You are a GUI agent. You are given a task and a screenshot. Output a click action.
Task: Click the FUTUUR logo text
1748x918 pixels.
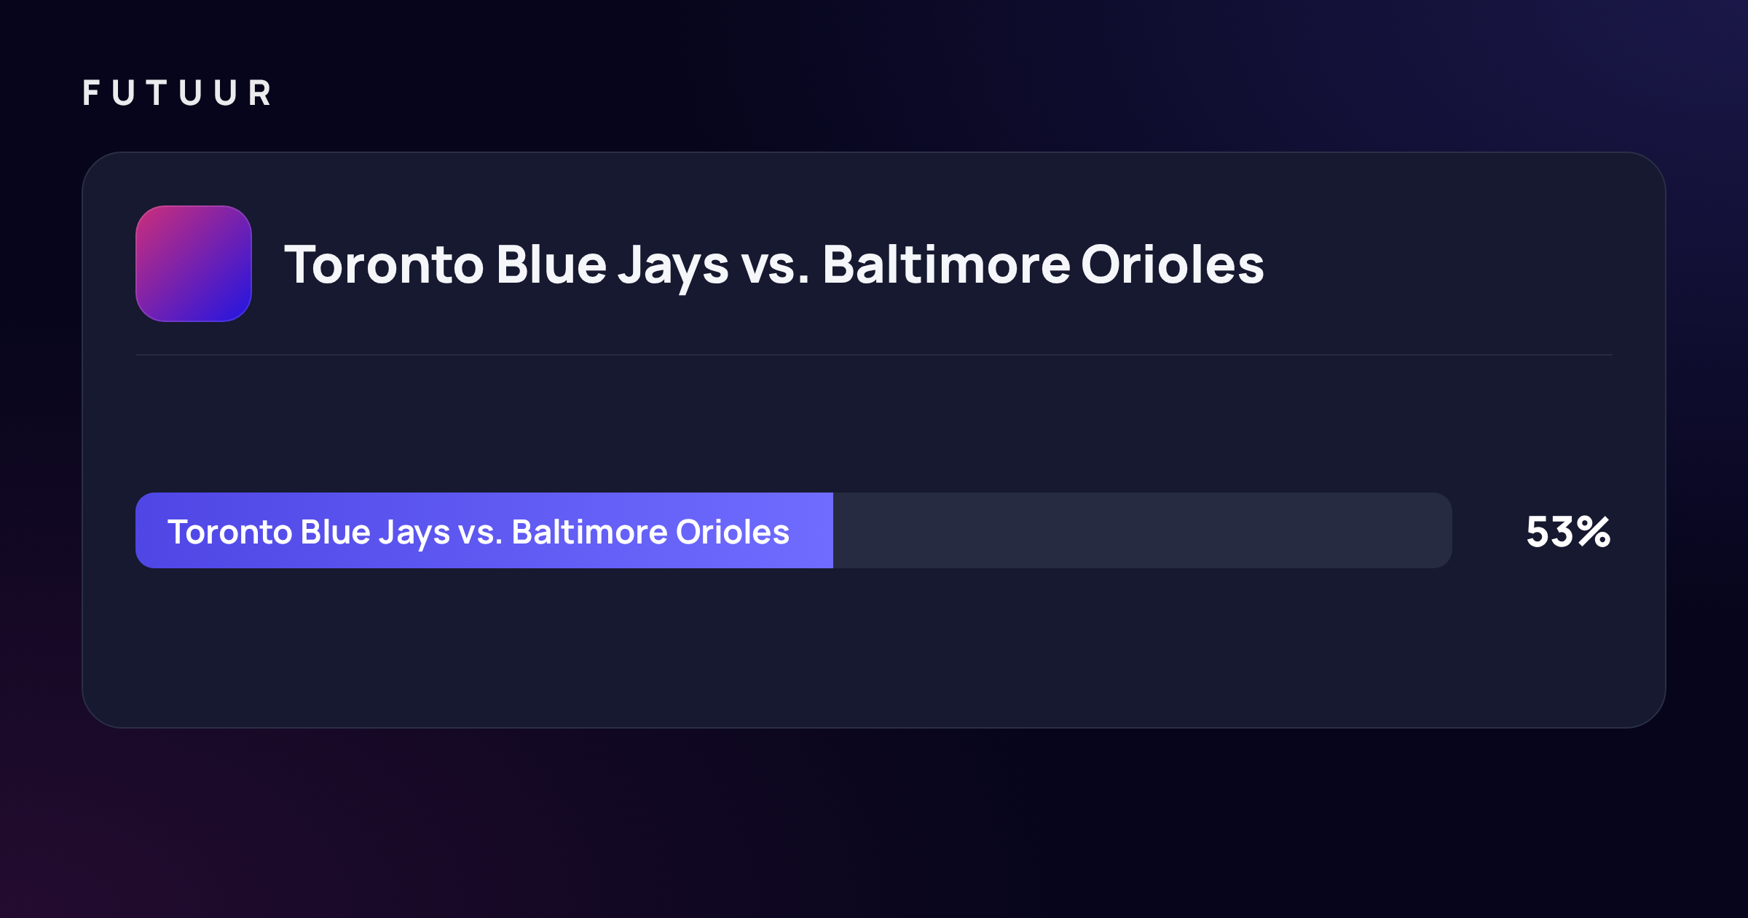177,93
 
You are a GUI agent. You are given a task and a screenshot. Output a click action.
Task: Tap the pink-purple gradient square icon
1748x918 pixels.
194,264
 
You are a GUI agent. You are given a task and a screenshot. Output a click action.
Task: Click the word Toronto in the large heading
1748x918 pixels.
384,264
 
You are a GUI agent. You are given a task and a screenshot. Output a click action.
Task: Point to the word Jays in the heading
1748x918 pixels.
673,267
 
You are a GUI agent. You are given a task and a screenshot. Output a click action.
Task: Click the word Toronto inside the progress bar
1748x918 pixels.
230,532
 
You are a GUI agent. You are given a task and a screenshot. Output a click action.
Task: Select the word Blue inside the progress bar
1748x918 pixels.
336,531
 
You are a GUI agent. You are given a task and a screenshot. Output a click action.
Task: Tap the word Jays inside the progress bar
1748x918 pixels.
414,534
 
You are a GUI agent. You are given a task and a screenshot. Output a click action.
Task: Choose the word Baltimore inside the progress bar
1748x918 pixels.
589,531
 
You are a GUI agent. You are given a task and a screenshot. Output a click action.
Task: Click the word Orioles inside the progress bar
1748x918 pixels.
733,531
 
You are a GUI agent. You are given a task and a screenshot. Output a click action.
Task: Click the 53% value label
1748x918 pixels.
1568,532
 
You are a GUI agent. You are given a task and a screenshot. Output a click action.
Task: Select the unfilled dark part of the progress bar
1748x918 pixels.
1143,530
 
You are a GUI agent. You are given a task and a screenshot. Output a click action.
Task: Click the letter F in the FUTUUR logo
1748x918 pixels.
90,93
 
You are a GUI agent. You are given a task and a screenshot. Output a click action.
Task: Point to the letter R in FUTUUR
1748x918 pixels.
261,93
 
